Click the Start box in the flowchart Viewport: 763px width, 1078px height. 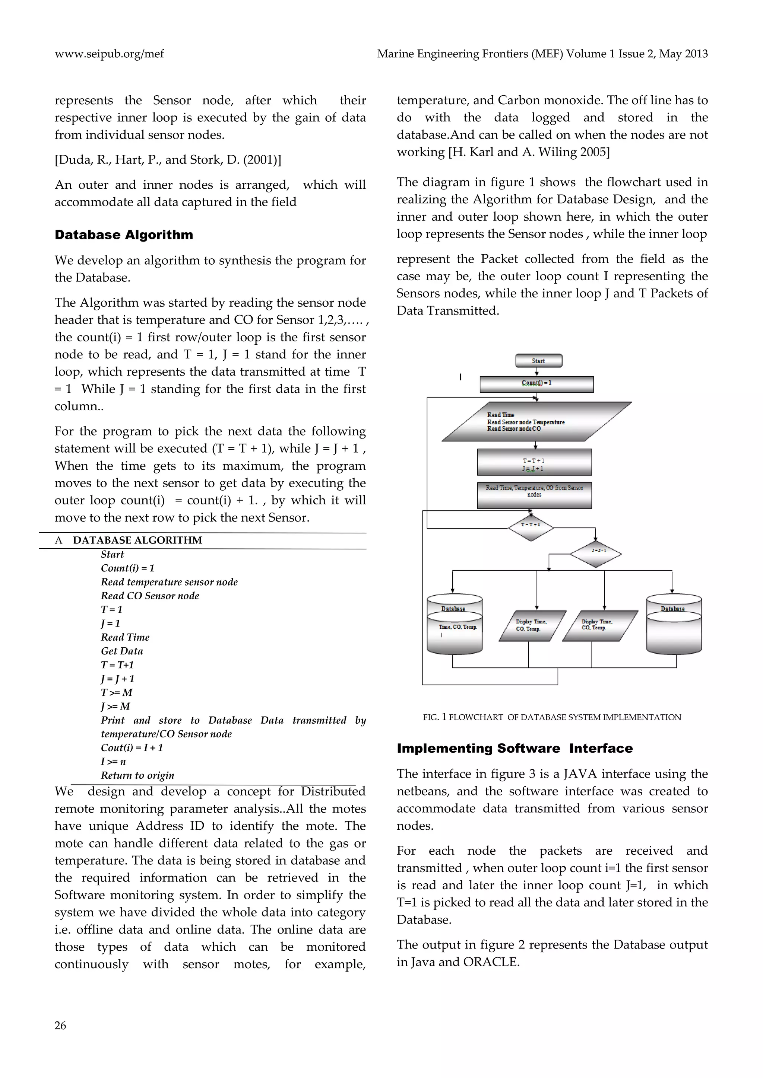[538, 361]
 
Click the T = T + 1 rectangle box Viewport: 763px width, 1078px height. [534, 462]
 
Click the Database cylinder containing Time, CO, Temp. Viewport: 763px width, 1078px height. [454, 625]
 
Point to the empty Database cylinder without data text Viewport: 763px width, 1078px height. [674, 625]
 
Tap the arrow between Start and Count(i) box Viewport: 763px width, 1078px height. [537, 372]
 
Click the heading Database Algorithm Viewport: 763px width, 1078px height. [124, 235]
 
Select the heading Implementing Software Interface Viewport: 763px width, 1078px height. [515, 749]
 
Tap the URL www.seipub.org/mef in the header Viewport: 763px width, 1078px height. [109, 54]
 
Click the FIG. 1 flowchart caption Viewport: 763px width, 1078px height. [552, 717]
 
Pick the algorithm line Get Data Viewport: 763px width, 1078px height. [122, 651]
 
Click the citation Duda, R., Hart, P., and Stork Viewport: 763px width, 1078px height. [168, 160]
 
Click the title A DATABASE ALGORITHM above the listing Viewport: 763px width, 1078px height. [137, 540]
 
